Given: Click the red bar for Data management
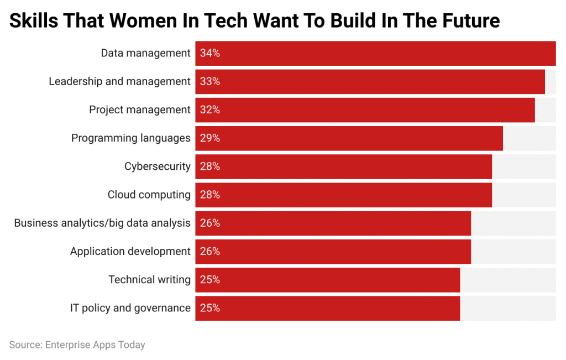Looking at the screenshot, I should click(x=375, y=53).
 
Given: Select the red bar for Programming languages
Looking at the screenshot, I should click(x=349, y=138).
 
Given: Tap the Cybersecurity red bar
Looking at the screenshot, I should click(x=343, y=166).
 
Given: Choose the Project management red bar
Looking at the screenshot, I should click(x=365, y=110).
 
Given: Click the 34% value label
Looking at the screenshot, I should click(x=210, y=53).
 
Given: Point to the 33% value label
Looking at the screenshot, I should click(x=210, y=81).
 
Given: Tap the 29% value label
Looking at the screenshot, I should click(x=210, y=138).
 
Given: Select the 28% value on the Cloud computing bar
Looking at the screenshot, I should click(x=210, y=195).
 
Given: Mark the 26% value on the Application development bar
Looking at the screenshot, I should click(x=210, y=252).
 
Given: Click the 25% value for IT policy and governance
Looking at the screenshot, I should click(x=210, y=308).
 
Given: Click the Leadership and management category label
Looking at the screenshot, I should click(x=119, y=81).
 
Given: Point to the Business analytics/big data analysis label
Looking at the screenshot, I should click(x=102, y=223).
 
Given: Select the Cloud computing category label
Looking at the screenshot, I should click(x=149, y=195).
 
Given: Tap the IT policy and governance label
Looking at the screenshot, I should click(x=130, y=308).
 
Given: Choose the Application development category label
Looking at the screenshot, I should click(x=130, y=252).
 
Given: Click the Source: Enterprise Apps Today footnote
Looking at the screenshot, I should click(x=77, y=345).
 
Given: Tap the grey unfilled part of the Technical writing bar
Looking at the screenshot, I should click(x=508, y=280).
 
